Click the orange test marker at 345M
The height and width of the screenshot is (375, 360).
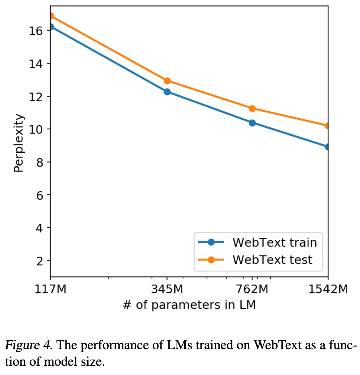tap(167, 80)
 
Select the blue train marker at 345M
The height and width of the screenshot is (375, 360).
tap(167, 92)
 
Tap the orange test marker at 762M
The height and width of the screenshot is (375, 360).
tap(252, 109)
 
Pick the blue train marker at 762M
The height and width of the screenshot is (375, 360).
tap(252, 123)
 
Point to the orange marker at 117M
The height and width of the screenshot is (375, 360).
tap(51, 16)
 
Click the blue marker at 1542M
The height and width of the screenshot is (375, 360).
tap(327, 147)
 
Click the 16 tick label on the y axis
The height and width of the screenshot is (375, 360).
tap(35, 30)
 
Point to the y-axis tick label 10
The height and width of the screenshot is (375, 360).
tap(35, 129)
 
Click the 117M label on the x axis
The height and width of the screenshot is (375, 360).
tap(50, 288)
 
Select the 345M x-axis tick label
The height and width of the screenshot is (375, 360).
tap(167, 288)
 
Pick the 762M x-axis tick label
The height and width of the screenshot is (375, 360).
tap(252, 288)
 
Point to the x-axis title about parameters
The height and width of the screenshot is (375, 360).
tap(189, 305)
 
